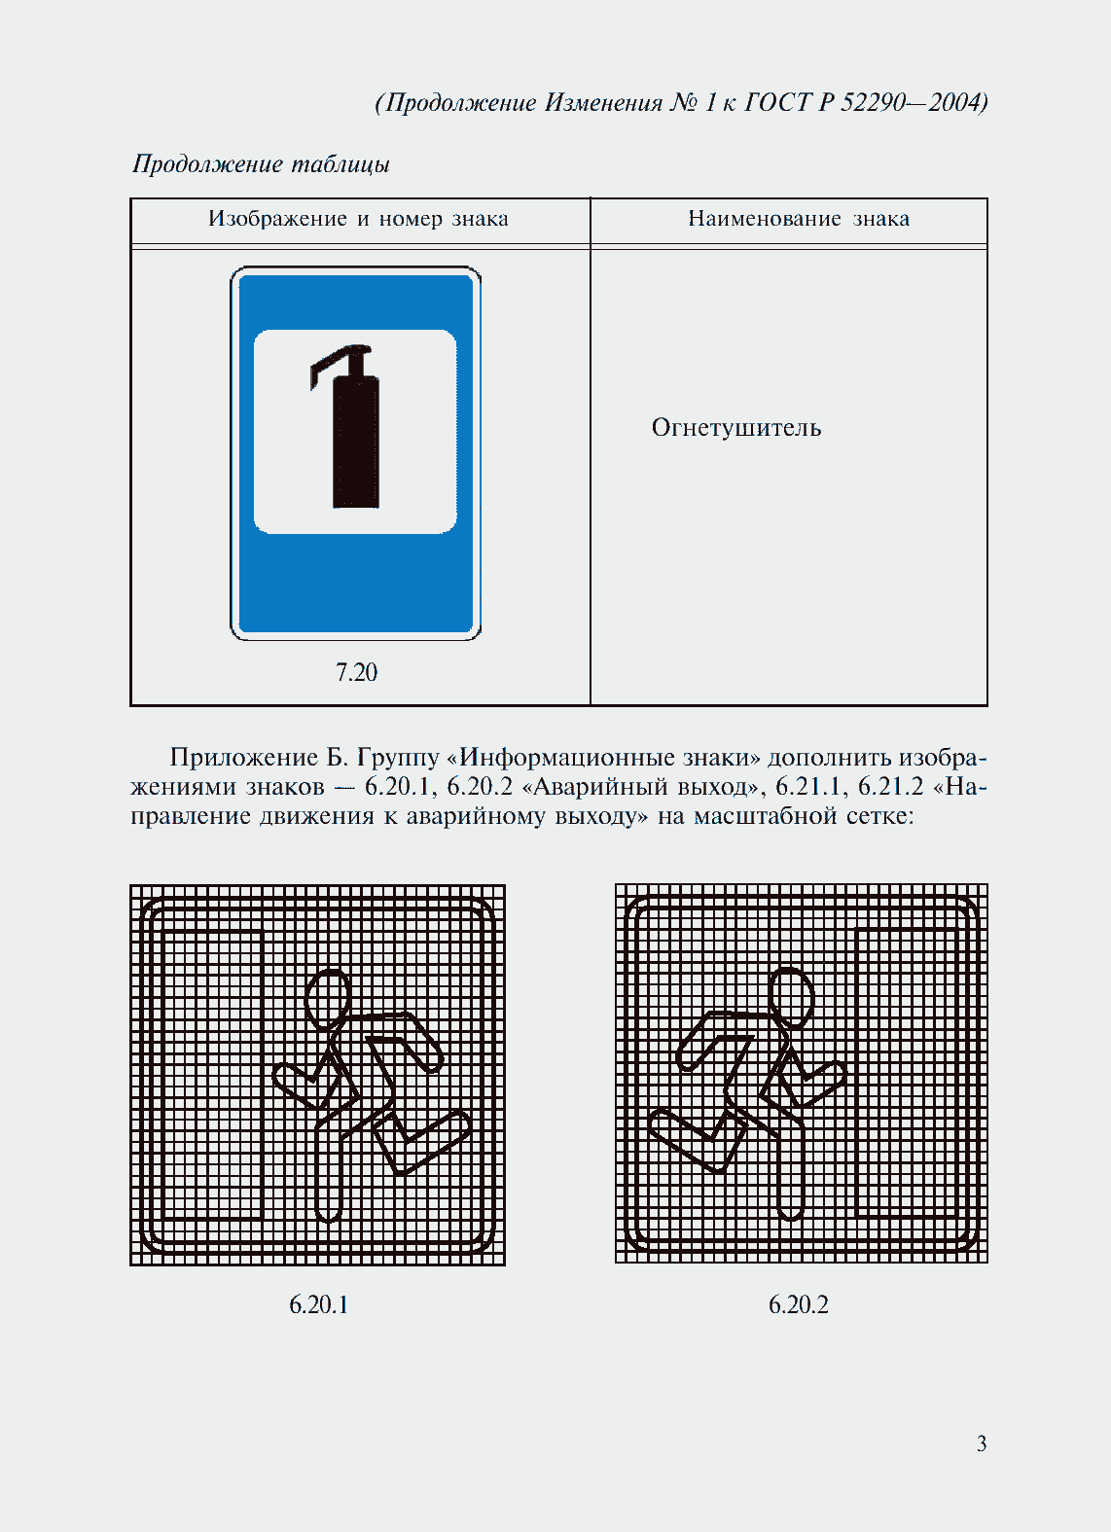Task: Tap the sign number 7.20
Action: (356, 672)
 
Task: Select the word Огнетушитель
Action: (736, 428)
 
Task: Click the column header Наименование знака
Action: (799, 219)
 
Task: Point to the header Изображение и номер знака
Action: (358, 219)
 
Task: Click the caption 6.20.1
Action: (318, 1305)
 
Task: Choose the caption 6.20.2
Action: (798, 1305)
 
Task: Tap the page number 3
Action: (982, 1443)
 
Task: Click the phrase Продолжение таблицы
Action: (261, 164)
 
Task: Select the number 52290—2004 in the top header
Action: (914, 102)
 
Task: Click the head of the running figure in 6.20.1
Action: (328, 999)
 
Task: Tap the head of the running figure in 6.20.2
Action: (792, 997)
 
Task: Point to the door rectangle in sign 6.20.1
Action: (211, 1075)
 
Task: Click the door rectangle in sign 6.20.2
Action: (907, 1073)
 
